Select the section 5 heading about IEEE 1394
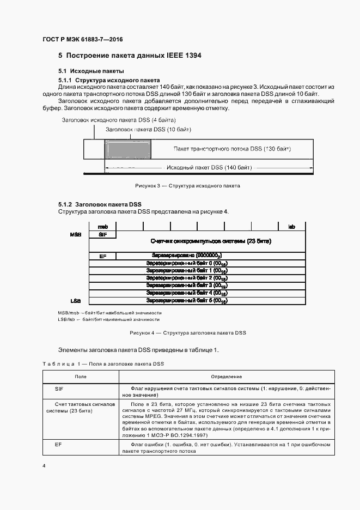point(126,56)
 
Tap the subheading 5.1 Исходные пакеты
point(91,71)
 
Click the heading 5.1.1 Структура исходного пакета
point(109,80)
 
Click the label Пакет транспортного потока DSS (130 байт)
point(232,149)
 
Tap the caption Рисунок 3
point(187,186)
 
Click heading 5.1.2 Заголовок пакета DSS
point(100,204)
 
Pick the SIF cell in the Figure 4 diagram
point(102,234)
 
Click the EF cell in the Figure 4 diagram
point(102,256)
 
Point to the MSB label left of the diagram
point(76,234)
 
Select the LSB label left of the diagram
point(76,300)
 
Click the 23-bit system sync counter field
point(210,241)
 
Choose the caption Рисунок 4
point(187,332)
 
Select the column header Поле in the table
point(80,377)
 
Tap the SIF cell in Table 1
point(59,389)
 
